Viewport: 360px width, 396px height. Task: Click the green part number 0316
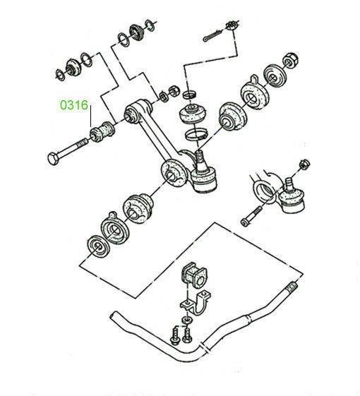point(74,105)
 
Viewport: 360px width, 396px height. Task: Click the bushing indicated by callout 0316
point(102,131)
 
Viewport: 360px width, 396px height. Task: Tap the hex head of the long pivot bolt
point(54,159)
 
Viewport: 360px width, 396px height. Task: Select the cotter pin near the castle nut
point(212,35)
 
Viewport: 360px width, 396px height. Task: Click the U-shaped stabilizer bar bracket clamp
point(196,303)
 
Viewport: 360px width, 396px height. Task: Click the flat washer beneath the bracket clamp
point(186,320)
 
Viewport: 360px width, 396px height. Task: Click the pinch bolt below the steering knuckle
point(251,217)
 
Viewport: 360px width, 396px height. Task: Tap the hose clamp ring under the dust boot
point(196,134)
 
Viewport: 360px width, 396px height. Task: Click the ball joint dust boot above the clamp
point(193,114)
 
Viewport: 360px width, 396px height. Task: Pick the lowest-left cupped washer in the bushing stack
point(98,247)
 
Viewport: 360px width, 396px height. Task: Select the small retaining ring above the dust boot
point(190,95)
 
